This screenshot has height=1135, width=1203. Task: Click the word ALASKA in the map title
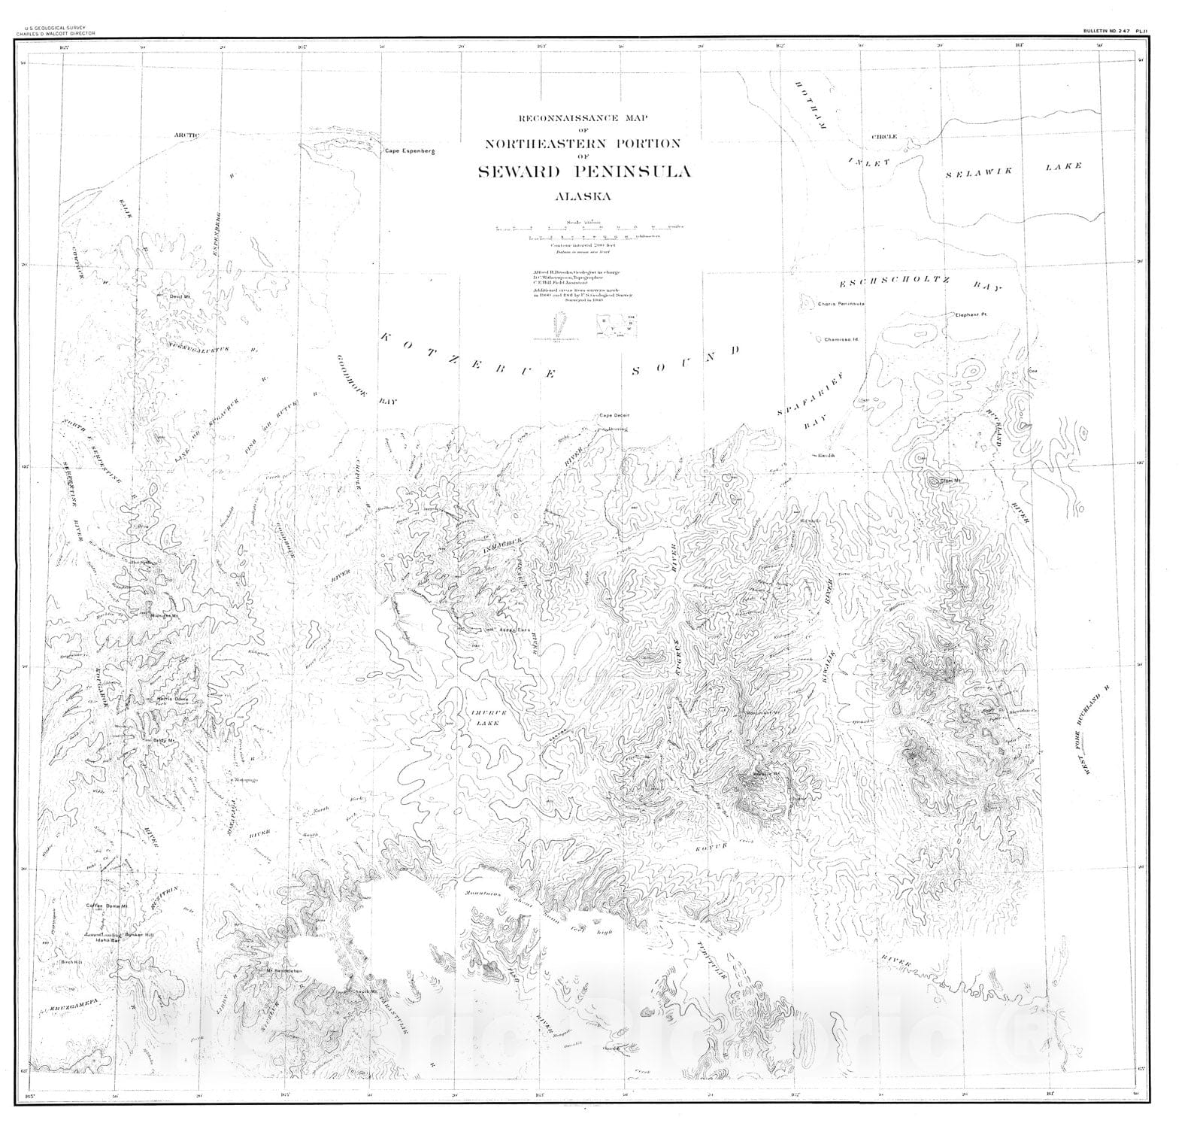tap(583, 197)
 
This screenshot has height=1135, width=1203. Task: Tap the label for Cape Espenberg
tap(410, 151)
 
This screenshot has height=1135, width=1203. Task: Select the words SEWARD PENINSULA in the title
tap(584, 171)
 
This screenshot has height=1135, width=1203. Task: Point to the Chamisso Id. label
tap(841, 339)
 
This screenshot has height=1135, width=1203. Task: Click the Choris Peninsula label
tap(842, 304)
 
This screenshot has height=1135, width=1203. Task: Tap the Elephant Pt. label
tap(975, 314)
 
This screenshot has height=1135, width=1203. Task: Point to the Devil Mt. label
tap(177, 297)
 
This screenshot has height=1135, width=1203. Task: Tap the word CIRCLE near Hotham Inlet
tap(884, 138)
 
